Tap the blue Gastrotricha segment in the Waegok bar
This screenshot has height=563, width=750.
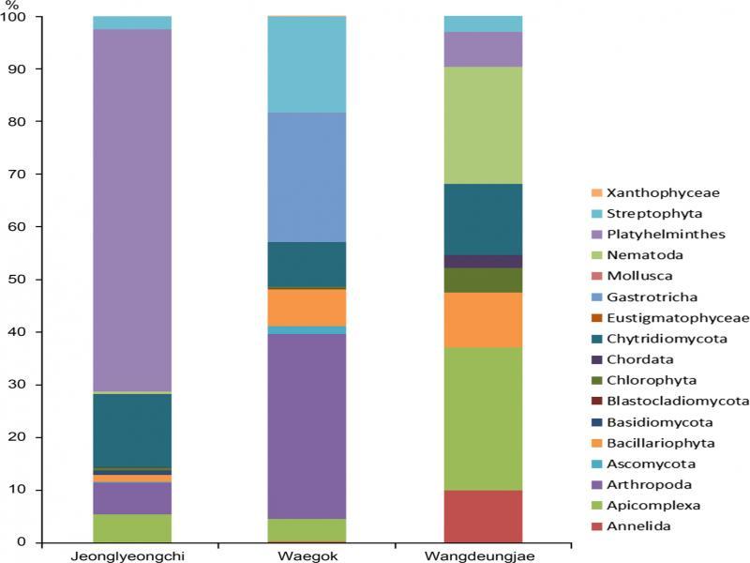point(307,177)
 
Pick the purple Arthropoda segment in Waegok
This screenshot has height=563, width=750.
point(307,426)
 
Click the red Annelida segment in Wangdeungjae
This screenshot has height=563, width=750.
point(482,516)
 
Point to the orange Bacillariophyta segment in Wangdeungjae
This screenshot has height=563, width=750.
point(482,320)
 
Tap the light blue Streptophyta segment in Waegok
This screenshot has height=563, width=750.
point(307,65)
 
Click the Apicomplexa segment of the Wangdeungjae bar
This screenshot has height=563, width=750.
point(482,418)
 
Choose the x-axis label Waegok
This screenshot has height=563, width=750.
point(307,555)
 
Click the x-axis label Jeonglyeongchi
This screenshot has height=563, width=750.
point(132,555)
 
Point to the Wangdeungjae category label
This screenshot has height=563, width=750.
point(482,555)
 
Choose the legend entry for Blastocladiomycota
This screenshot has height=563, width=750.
point(665,401)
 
